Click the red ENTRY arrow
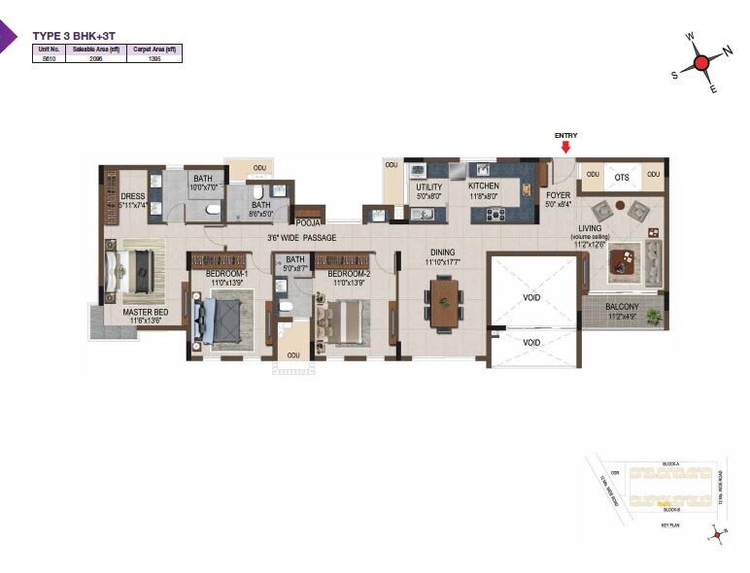click(564, 149)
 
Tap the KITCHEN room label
click(483, 185)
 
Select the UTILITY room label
click(428, 186)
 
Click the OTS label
click(622, 177)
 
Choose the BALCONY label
click(622, 307)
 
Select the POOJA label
click(309, 223)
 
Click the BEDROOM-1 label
click(226, 275)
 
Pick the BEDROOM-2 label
click(350, 275)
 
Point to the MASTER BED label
click(146, 312)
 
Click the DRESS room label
click(133, 196)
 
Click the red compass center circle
click(700, 64)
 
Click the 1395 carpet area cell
click(153, 58)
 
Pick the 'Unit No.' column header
click(49, 49)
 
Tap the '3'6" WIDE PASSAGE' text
click(302, 237)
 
